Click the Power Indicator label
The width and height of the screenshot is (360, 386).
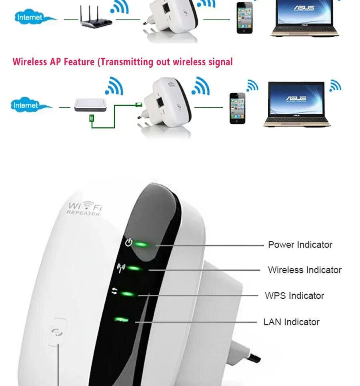(x=300, y=245)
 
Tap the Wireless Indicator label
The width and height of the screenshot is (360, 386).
(x=305, y=270)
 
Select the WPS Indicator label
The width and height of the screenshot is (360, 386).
(x=294, y=296)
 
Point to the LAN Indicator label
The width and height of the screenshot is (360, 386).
(x=291, y=322)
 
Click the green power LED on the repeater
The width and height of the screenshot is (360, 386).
(x=140, y=244)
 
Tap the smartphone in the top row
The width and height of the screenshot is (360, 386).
(x=244, y=18)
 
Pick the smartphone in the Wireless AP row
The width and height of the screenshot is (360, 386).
(x=237, y=109)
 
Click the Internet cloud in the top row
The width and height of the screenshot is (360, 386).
(x=30, y=18)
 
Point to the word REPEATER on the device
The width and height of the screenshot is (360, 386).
(x=83, y=214)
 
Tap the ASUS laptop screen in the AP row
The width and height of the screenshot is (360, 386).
(x=296, y=99)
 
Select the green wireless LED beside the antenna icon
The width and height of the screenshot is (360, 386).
(x=134, y=268)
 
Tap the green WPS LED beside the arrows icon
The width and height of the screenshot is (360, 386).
(x=127, y=294)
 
